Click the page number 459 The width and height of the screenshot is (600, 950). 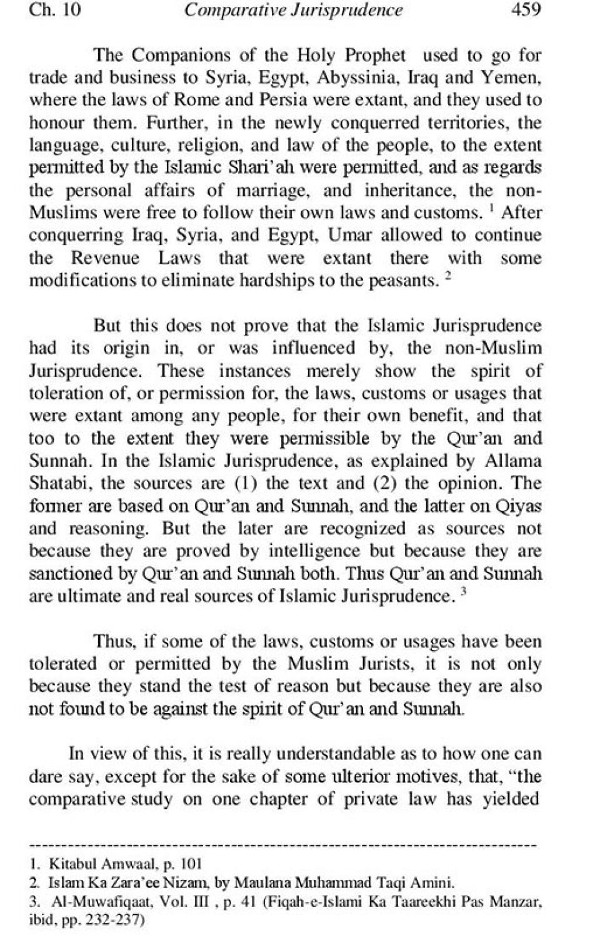click(x=526, y=10)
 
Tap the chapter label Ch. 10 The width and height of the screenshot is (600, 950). click(x=54, y=10)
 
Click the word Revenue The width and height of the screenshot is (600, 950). click(x=105, y=257)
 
